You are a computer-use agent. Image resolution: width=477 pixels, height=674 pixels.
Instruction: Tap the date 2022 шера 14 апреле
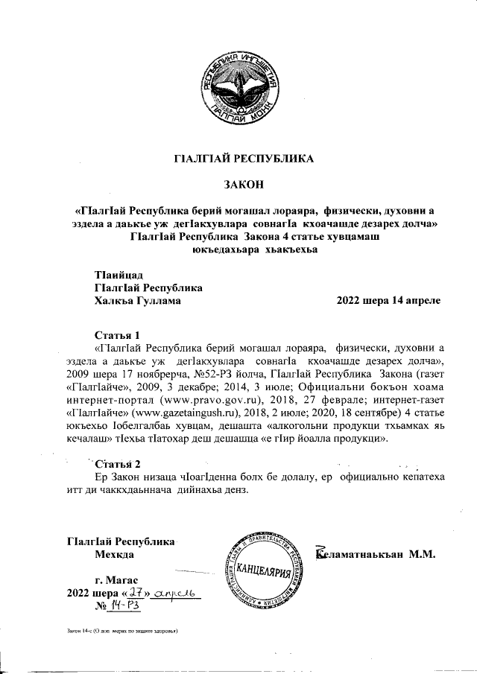388,301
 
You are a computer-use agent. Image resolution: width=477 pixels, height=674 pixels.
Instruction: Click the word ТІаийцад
119,276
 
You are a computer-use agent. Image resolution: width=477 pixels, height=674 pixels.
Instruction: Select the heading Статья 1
118,334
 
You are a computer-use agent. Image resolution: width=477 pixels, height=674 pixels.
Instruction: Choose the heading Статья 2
118,465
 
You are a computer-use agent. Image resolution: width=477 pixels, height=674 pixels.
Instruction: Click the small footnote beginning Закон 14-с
121,631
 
